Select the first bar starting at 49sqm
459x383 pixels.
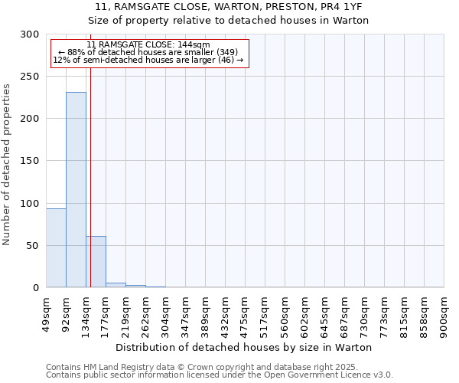pos(56,248)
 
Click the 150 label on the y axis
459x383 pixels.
pos(30,161)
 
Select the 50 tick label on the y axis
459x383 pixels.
pos(33,246)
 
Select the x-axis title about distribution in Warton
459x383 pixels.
pos(245,347)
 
